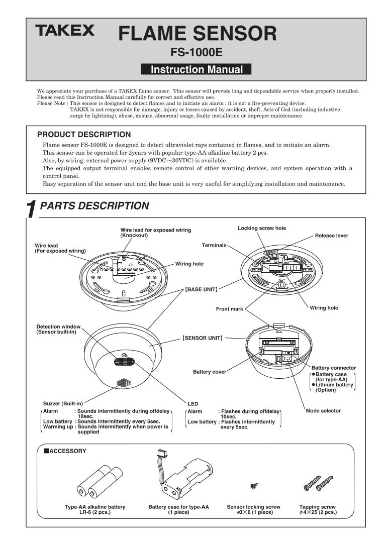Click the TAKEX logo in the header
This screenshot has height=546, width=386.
64,32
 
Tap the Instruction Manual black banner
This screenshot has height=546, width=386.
197,70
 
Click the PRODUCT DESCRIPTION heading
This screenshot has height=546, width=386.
84,135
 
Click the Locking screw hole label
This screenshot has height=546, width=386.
262,228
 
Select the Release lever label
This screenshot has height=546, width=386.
331,236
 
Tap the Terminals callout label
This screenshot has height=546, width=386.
214,245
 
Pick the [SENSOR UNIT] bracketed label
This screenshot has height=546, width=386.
203,339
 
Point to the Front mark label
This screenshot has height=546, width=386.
230,309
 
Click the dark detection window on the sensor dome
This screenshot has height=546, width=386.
125,361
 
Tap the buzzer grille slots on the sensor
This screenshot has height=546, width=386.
124,384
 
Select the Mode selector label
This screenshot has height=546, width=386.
323,411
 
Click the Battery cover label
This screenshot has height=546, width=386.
210,372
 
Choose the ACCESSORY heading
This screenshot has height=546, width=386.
65,451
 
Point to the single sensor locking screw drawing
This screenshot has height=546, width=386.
254,486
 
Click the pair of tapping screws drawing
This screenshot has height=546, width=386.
318,483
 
